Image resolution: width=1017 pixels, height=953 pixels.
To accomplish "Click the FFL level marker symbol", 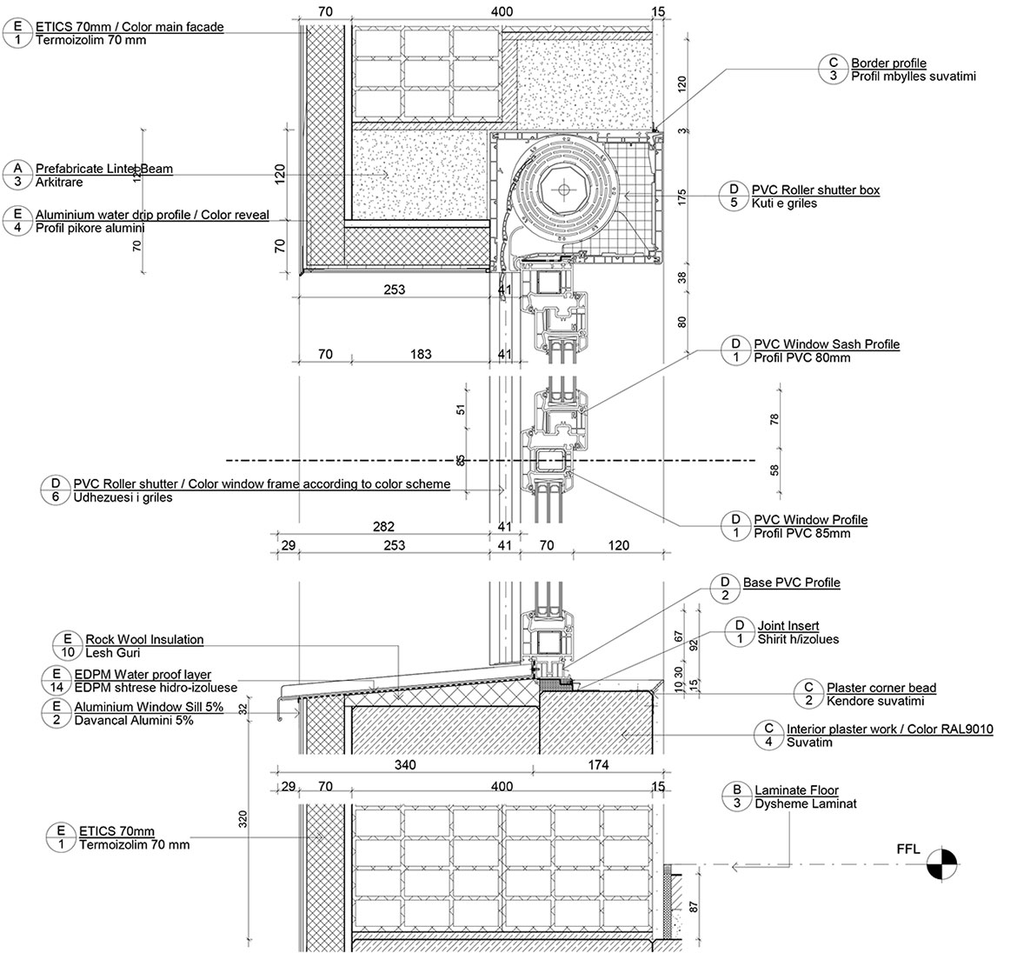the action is (941, 864).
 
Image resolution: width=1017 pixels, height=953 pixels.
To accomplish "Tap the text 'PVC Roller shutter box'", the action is (815, 190).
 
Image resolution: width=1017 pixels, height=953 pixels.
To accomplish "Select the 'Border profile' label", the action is (888, 63).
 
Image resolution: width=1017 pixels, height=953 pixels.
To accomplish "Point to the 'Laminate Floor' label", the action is (796, 790).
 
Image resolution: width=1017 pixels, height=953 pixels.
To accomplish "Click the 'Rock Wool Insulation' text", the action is (144, 639).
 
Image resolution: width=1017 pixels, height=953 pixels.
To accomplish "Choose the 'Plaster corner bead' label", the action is (881, 688).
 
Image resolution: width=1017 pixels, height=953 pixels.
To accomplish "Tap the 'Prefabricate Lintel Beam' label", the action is (104, 169).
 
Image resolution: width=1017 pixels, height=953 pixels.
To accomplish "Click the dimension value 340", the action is (405, 765).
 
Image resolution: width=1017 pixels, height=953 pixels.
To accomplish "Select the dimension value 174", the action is (598, 765).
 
